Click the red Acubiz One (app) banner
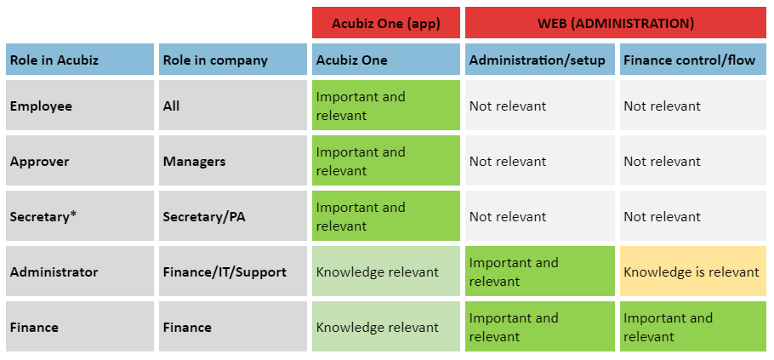point(386,23)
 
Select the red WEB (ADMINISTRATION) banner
point(616,23)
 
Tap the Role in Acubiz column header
point(80,60)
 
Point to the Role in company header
point(233,60)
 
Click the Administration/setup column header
point(540,60)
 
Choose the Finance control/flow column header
point(693,60)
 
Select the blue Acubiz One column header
point(386,60)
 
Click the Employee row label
point(80,106)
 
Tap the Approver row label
point(80,161)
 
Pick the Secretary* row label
point(80,216)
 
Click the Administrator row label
point(80,271)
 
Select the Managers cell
point(233,161)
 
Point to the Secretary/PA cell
point(233,216)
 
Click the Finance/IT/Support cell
point(233,271)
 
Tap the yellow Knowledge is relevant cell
point(693,271)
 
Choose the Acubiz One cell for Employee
point(386,106)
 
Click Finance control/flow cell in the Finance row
point(693,327)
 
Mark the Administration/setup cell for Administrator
point(540,271)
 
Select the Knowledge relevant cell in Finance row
point(386,327)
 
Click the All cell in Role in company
point(233,106)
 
